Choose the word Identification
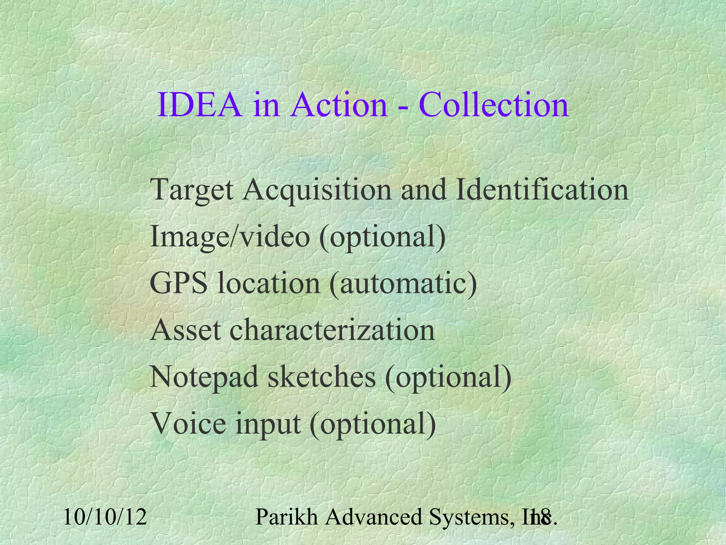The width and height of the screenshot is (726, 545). [x=542, y=189]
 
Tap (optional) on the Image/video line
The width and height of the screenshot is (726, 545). [x=382, y=237]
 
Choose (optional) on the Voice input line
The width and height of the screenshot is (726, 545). [x=373, y=424]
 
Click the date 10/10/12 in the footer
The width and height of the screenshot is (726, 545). [x=105, y=517]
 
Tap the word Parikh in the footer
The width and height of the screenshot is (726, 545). [x=286, y=517]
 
